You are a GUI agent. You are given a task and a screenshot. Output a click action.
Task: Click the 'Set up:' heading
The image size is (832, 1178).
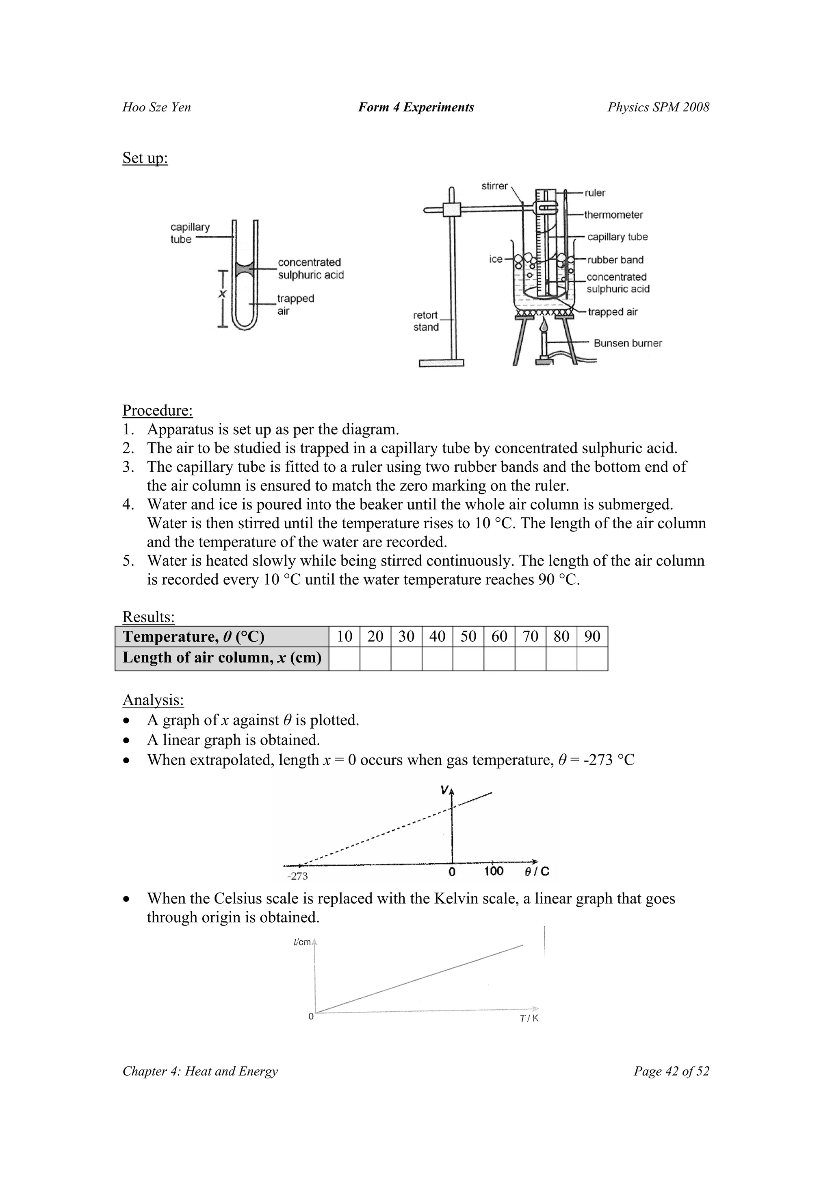coord(145,158)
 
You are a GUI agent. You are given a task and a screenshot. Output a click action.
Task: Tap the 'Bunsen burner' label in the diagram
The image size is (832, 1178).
coord(628,343)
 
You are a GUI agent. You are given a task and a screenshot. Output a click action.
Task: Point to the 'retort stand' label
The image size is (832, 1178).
coord(425,321)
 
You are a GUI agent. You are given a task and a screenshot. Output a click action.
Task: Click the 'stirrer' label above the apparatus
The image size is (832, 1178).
coord(494,186)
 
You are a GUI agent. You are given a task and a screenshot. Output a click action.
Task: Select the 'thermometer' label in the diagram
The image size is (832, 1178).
coord(613,215)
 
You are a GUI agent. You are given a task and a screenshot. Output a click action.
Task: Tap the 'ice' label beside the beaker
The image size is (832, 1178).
coord(495,259)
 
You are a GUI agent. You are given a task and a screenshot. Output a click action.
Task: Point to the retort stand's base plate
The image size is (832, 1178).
coord(441,363)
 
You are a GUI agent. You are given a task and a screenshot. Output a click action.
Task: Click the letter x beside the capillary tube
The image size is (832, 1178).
coord(222,294)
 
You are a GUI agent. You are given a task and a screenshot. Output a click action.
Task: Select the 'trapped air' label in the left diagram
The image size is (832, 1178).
coord(295,305)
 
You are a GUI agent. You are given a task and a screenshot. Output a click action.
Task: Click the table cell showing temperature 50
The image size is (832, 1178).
coord(468,637)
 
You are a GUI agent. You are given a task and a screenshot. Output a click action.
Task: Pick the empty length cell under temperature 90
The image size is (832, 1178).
coord(592,659)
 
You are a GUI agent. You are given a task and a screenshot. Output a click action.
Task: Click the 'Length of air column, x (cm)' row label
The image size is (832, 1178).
coord(221,658)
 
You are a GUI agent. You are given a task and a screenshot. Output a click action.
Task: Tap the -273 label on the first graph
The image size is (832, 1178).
coord(297,876)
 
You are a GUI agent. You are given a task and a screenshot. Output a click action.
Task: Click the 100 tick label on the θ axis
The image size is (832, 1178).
coord(494,871)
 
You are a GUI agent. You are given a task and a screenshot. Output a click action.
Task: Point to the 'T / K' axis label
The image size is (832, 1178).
coord(529,1019)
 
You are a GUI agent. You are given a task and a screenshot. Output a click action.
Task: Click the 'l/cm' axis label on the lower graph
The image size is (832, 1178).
coord(302,943)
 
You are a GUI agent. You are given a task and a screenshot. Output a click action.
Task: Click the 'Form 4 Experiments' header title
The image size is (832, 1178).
coord(416,107)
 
